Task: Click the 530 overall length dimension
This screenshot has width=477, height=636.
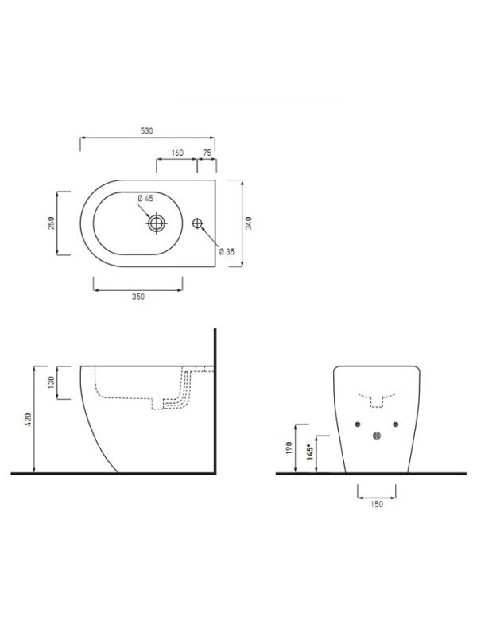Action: [147, 131]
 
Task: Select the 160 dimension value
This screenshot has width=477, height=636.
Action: [177, 153]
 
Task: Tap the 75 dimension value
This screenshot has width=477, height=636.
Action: [207, 153]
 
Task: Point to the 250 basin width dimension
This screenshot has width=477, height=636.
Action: [51, 223]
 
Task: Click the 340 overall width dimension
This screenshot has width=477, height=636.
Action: [249, 223]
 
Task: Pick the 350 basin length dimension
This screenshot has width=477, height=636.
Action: [138, 297]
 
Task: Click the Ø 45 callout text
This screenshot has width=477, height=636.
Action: [145, 198]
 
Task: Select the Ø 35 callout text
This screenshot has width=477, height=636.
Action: [227, 251]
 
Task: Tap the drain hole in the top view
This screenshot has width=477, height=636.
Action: [157, 223]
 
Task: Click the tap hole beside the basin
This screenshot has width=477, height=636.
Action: [197, 223]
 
